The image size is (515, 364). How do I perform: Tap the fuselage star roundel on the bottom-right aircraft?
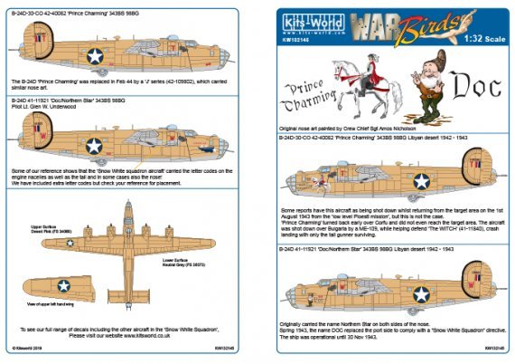[421, 293]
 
